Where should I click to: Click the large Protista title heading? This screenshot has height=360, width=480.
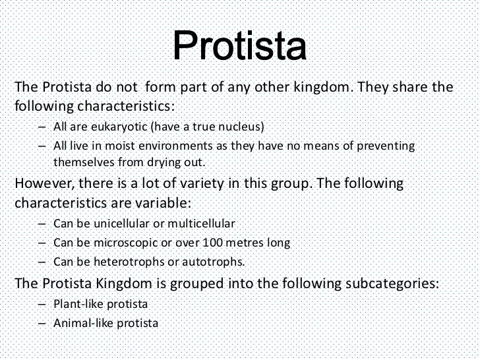pyautogui.click(x=241, y=45)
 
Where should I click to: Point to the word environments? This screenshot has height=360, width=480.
pyautogui.click(x=163, y=146)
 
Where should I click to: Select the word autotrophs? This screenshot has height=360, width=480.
pyautogui.click(x=212, y=262)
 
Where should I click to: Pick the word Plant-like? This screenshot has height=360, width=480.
pyautogui.click(x=77, y=304)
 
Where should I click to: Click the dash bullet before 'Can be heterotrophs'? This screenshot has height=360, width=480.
pyautogui.click(x=42, y=262)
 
